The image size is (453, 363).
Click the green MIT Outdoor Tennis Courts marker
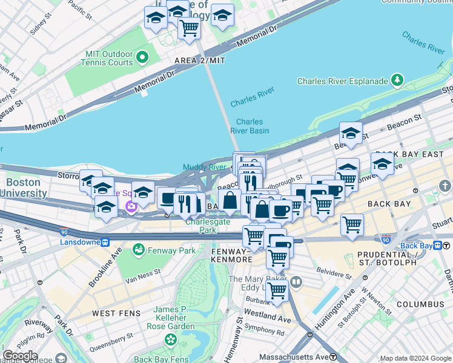click(142, 58)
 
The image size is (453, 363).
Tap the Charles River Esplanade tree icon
click(397, 80)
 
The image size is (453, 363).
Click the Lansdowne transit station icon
click(105, 243)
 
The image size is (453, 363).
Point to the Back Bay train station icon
click(446, 246)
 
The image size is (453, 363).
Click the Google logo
click(21, 356)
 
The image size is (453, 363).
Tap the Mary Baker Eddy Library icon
click(296, 281)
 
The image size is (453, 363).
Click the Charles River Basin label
click(250, 126)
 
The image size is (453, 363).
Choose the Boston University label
click(24, 188)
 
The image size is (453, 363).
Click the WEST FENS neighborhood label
click(116, 313)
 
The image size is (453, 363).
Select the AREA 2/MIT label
click(199, 61)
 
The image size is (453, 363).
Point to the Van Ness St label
click(143, 276)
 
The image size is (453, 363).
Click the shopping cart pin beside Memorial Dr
click(189, 28)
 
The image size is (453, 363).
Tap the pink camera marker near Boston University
click(131, 208)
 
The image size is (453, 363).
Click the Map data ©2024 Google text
click(415, 358)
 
